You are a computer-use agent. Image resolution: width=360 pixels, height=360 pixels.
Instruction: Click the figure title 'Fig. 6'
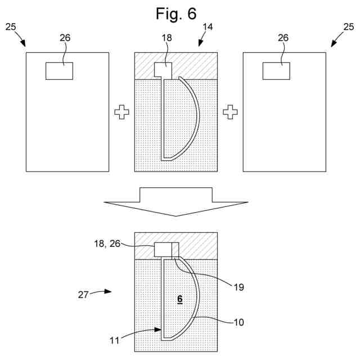[x=176, y=13]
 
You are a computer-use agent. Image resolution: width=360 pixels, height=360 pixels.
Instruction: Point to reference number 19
[x=238, y=287]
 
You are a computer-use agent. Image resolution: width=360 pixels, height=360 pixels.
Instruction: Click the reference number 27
[x=83, y=294]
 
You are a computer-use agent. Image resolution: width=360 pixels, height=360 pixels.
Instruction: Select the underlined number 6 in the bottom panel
[x=179, y=300]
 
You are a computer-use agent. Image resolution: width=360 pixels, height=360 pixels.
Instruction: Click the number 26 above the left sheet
[x=65, y=37]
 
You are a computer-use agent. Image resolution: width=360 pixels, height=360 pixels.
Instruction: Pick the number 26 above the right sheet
[x=283, y=37]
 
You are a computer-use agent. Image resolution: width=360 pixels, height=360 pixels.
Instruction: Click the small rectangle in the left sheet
[x=59, y=71]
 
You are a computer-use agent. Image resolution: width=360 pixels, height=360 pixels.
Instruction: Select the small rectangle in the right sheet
[x=276, y=71]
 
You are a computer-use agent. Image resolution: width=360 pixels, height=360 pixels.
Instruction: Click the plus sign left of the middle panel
[x=121, y=113]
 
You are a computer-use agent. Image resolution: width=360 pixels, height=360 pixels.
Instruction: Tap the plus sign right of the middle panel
[x=229, y=113]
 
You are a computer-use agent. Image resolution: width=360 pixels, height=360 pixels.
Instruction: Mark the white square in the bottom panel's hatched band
[x=166, y=250]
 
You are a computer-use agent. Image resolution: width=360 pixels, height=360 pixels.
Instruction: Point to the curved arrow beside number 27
[x=102, y=291]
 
